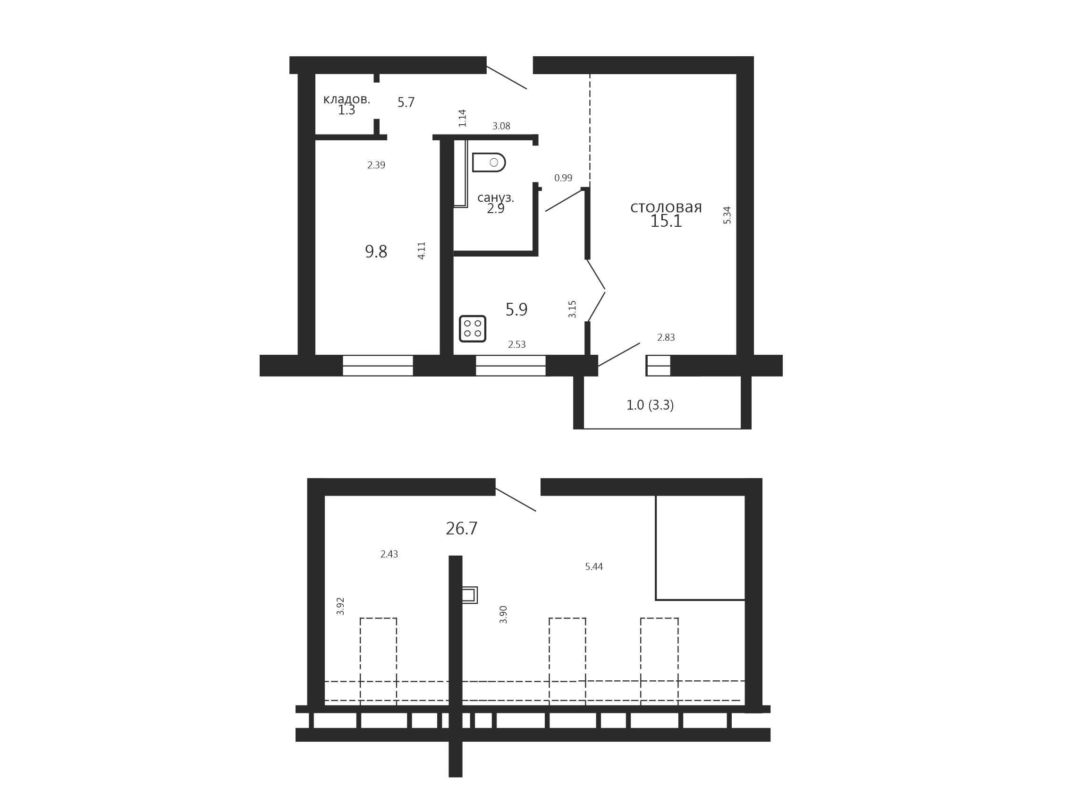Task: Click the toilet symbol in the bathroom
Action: [x=489, y=162]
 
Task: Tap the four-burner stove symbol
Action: [x=473, y=328]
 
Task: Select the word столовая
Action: [x=666, y=207]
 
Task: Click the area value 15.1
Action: [x=666, y=221]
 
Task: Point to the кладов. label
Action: [x=347, y=99]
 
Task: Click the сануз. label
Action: [x=496, y=198]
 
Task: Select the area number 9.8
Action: [x=376, y=252]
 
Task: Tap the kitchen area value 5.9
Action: [x=516, y=309]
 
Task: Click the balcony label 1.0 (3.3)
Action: [x=650, y=405]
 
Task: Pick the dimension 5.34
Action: [x=727, y=215]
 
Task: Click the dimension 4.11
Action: [x=422, y=250]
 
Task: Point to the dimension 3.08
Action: [x=501, y=126]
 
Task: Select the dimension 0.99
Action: [x=563, y=178]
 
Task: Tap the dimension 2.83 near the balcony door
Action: [x=666, y=338]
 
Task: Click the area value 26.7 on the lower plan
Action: [x=461, y=529]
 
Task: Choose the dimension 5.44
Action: [x=594, y=566]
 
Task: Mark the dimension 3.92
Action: [x=340, y=606]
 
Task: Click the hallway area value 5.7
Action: [x=406, y=103]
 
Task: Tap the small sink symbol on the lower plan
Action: [x=470, y=595]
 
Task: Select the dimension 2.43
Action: [x=389, y=554]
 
